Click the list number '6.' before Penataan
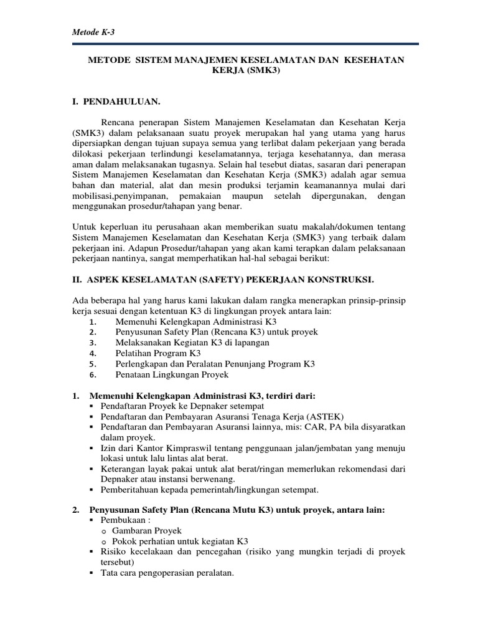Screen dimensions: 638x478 coord(92,375)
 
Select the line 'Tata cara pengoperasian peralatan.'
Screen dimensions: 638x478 coord(167,573)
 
